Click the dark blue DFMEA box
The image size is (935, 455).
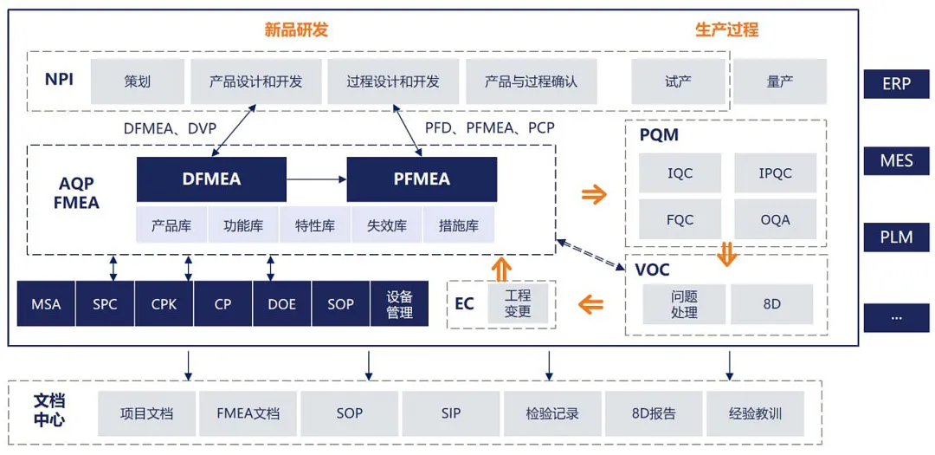(211, 179)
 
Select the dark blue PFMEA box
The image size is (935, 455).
(422, 179)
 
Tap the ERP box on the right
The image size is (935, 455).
(896, 84)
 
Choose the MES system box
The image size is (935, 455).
(896, 160)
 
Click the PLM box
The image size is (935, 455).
(896, 237)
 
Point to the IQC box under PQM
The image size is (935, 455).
(680, 172)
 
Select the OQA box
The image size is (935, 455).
(775, 219)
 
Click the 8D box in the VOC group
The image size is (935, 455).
(771, 304)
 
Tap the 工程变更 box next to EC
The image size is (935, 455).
(518, 303)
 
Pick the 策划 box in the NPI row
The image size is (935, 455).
(137, 81)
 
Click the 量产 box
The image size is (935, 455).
(780, 81)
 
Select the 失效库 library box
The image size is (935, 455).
(386, 225)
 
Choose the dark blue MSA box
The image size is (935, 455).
(46, 304)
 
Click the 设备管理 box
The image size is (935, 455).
(399, 304)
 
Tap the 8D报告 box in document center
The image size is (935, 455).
(654, 413)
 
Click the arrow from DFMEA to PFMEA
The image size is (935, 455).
(316, 179)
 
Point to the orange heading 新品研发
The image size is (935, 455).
(296, 29)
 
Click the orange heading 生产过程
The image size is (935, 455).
(726, 29)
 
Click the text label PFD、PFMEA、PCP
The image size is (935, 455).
(489, 127)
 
